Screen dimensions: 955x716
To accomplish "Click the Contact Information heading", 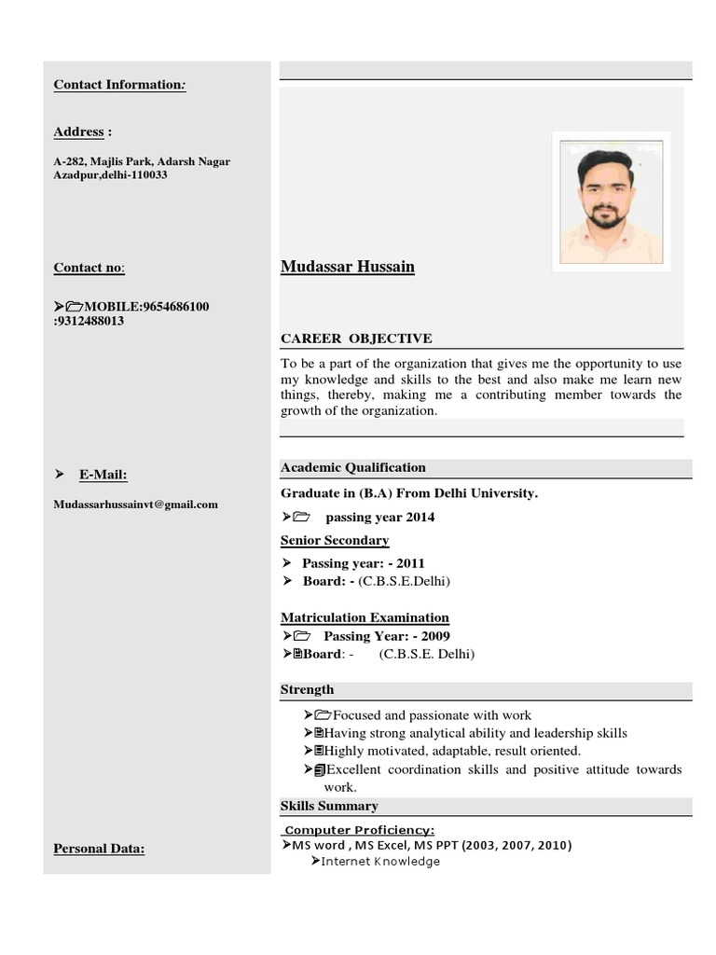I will point(119,85).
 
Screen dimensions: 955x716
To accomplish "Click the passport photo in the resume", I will point(611,201).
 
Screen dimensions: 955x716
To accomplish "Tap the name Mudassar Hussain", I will point(348,267).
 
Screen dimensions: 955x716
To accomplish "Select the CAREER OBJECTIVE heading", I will point(356,339).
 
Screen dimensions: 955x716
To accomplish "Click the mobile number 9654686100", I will point(175,307).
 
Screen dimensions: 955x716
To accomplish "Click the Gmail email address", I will point(136,505).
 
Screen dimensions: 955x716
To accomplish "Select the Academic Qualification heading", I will point(353,467).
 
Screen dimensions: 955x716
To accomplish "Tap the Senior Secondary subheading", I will point(335,540).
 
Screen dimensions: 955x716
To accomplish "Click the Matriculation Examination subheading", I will point(365,617).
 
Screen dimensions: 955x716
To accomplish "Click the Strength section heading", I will point(307,690).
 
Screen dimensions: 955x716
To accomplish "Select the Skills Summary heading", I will point(329,806).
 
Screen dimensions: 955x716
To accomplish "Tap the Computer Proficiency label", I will point(359,830).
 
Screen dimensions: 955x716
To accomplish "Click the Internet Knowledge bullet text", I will point(380,862).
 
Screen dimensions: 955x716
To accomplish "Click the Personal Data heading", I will point(99,849).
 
